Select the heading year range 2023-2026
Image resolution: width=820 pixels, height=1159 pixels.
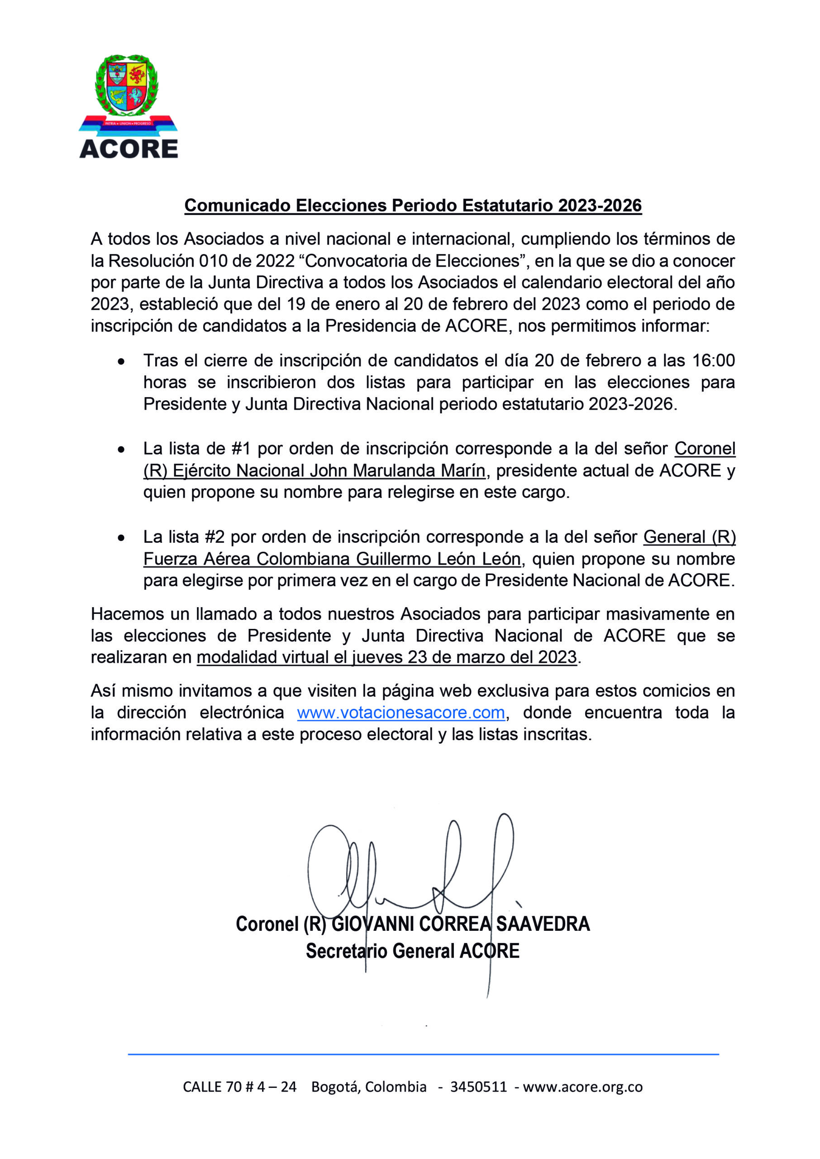click(x=599, y=206)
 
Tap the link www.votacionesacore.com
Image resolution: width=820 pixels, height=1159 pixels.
click(x=401, y=712)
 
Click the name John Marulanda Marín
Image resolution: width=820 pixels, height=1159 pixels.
click(x=397, y=471)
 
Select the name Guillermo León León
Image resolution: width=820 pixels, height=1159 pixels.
click(x=438, y=559)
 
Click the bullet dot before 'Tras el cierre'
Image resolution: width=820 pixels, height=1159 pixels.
click(x=121, y=362)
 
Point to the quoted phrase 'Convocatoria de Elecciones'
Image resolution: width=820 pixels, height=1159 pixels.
click(x=413, y=261)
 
